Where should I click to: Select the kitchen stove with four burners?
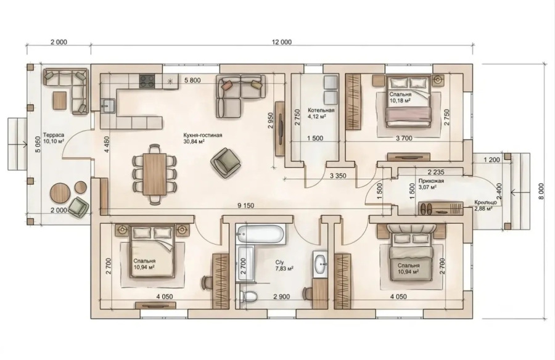click(147, 81)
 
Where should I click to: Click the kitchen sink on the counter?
click(107, 105)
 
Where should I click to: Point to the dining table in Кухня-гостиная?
click(155, 174)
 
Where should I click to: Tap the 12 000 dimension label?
click(282, 42)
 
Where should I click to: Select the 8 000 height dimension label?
click(540, 192)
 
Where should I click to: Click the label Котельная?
click(321, 110)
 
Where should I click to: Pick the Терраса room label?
click(54, 135)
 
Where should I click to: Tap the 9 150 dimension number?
click(245, 205)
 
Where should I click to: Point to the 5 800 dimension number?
click(192, 80)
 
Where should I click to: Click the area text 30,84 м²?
click(194, 141)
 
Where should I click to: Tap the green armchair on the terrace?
click(78, 207)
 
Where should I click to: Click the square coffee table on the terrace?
click(59, 100)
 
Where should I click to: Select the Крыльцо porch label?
click(486, 202)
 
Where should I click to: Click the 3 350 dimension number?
click(338, 175)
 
